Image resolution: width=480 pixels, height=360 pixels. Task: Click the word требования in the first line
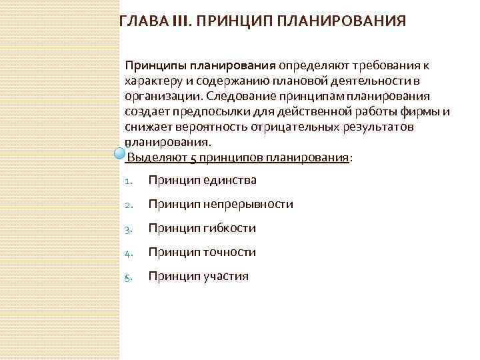387,66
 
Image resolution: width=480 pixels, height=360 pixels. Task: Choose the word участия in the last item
226,276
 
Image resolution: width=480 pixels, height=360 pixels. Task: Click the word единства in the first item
230,180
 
